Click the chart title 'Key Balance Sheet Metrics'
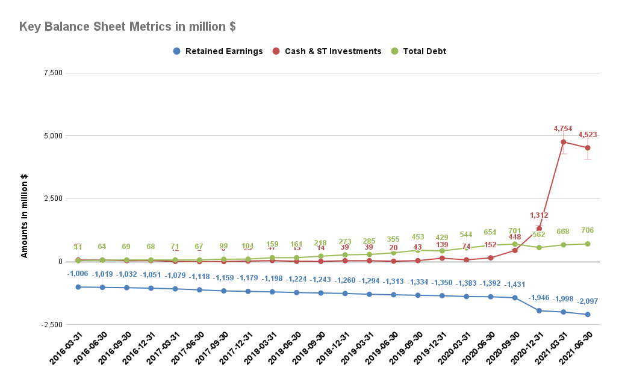pos(127,27)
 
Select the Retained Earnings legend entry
pos(217,51)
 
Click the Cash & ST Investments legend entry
pos(326,51)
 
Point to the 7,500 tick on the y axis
pos(54,73)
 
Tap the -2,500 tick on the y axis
pos(52,325)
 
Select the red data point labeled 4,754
pos(563,142)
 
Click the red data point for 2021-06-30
pos(587,148)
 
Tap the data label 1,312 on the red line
pos(539,215)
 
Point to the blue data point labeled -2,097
pos(587,315)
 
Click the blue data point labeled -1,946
pos(539,311)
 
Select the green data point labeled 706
pos(587,244)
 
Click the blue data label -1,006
pos(78,274)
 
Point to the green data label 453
pos(417,237)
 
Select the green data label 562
pos(538,235)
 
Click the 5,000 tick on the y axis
pos(54,136)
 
